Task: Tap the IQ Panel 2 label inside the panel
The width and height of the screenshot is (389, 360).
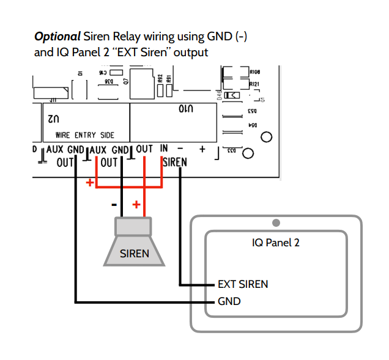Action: click(276, 243)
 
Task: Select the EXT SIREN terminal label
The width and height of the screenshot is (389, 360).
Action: click(243, 284)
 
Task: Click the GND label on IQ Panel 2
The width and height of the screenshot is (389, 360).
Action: click(229, 301)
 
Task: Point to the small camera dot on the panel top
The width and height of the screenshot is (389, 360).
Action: click(276, 222)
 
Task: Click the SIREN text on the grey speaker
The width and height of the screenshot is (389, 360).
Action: click(134, 253)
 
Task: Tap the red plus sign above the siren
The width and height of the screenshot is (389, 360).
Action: click(136, 204)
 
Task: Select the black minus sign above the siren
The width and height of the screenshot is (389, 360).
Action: click(114, 204)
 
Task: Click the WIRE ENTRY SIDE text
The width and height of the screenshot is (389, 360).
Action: click(84, 135)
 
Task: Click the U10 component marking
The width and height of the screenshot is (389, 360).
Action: click(186, 109)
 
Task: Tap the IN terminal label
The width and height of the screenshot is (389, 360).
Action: click(163, 149)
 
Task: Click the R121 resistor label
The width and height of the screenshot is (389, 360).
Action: click(254, 84)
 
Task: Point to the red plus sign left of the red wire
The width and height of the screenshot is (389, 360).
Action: click(90, 182)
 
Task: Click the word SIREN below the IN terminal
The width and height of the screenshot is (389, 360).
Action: click(174, 163)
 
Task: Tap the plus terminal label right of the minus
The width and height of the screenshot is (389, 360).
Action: click(201, 149)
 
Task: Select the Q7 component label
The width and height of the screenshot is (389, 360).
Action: click(125, 80)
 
